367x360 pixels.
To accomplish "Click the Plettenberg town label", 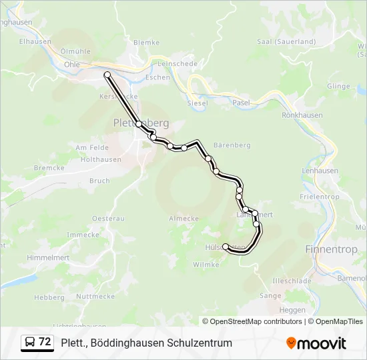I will pos(141,123).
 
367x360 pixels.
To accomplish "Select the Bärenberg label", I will pos(232,145).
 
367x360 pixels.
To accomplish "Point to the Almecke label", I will pos(184,218).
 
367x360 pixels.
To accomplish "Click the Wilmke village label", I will pos(206,265).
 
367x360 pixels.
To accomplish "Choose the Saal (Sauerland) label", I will pos(286,41).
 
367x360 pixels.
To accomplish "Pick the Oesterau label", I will pos(108,218).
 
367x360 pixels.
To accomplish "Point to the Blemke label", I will pos(147,42).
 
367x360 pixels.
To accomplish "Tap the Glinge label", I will pos(338,87).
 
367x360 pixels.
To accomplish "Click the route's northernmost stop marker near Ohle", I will pos(107,75).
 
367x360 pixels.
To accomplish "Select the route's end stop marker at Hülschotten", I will pos(225,247).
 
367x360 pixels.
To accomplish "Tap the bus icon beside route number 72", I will pos(30,343).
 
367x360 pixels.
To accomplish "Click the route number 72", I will pos(45,342).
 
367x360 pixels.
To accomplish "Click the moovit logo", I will pos(316,343).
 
